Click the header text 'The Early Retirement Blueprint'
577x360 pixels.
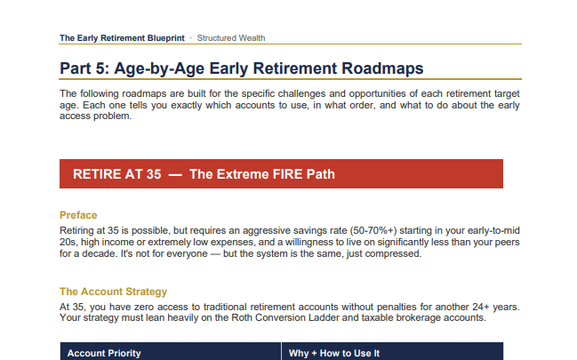pyautogui.click(x=122, y=38)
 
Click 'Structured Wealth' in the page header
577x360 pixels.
pyautogui.click(x=231, y=38)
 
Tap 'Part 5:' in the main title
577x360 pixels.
pyautogui.click(x=84, y=68)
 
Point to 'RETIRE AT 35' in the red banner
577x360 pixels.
pyautogui.click(x=117, y=174)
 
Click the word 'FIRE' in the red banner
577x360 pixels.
pyautogui.click(x=271, y=174)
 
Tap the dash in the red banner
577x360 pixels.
pyautogui.click(x=175, y=174)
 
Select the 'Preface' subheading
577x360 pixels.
pyautogui.click(x=78, y=215)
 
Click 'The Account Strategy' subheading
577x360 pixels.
pyautogui.click(x=113, y=292)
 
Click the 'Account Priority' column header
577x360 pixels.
pyautogui.click(x=104, y=354)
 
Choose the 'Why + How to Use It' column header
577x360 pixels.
pyautogui.click(x=334, y=354)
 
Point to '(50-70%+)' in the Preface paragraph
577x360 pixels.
pyautogui.click(x=373, y=231)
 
